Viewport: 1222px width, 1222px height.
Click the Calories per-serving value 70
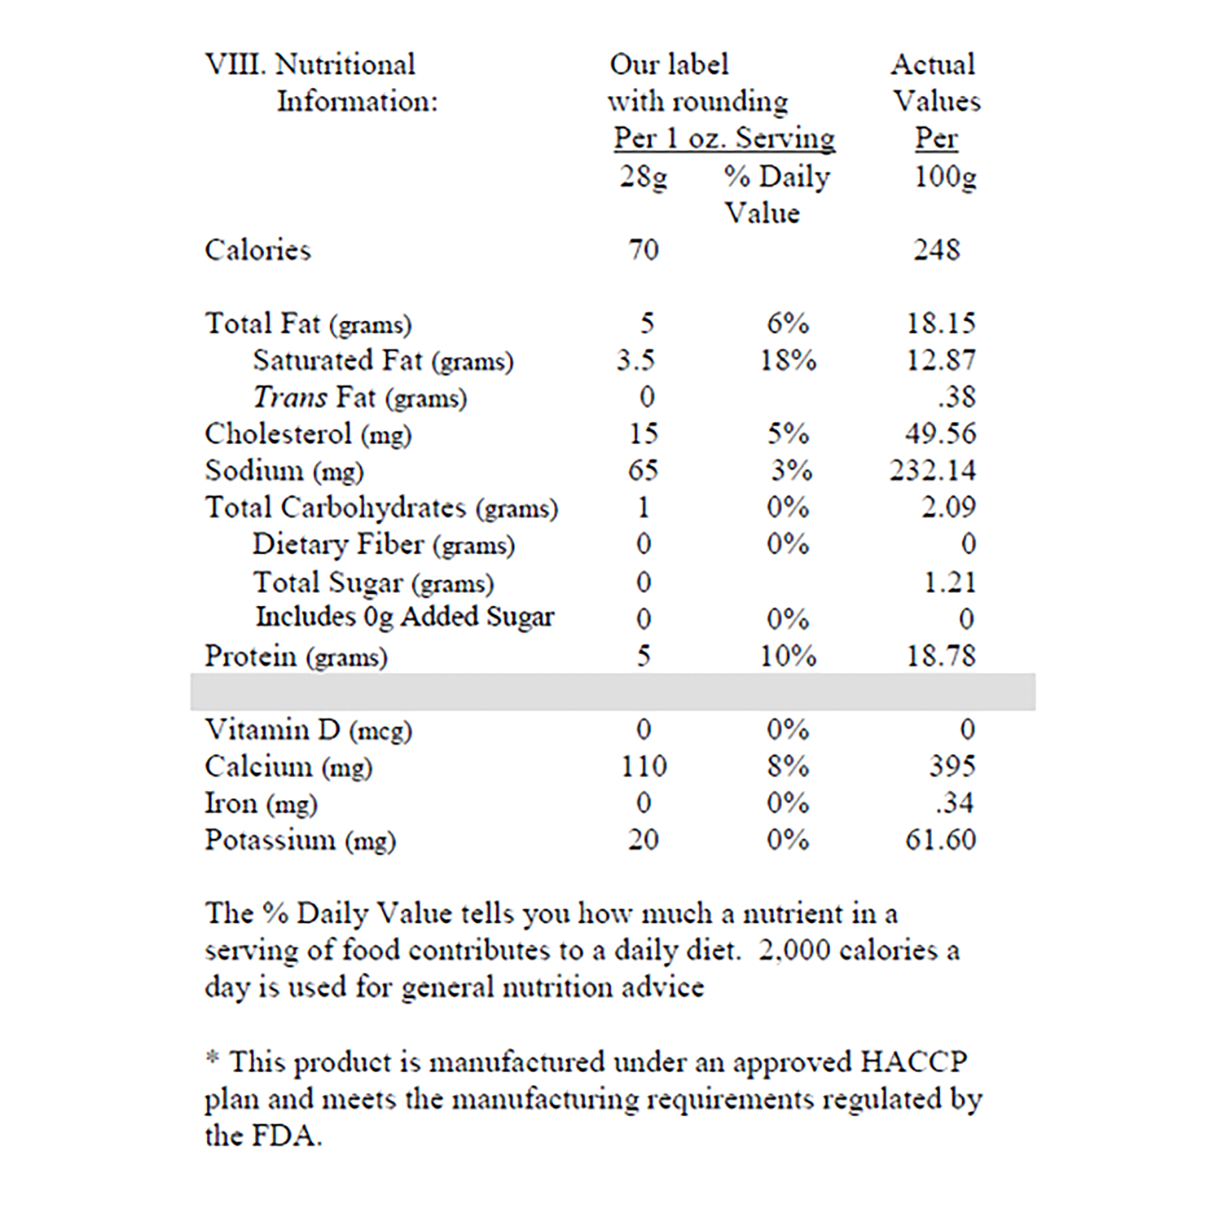(643, 249)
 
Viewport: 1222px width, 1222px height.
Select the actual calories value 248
(936, 249)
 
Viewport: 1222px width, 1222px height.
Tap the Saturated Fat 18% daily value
(788, 360)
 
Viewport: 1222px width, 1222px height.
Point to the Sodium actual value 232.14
(933, 470)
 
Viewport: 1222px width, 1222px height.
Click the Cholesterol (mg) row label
(308, 434)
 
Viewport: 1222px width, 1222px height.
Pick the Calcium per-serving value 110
(644, 766)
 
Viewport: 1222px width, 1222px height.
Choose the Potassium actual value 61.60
(940, 839)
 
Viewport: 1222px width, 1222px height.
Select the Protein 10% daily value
(788, 656)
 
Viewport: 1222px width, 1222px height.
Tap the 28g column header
(643, 176)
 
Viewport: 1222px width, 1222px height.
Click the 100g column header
(945, 176)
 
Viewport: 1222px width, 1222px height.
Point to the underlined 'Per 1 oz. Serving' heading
(724, 138)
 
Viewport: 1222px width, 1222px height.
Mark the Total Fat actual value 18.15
(941, 323)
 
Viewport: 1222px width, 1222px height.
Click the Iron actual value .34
(954, 802)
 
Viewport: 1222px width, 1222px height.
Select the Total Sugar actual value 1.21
(949, 582)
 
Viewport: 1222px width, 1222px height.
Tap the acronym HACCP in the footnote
(913, 1062)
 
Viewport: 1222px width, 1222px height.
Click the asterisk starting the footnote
(213, 1058)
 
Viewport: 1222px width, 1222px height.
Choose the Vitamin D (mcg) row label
(308, 729)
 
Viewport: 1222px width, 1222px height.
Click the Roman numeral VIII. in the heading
(235, 64)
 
